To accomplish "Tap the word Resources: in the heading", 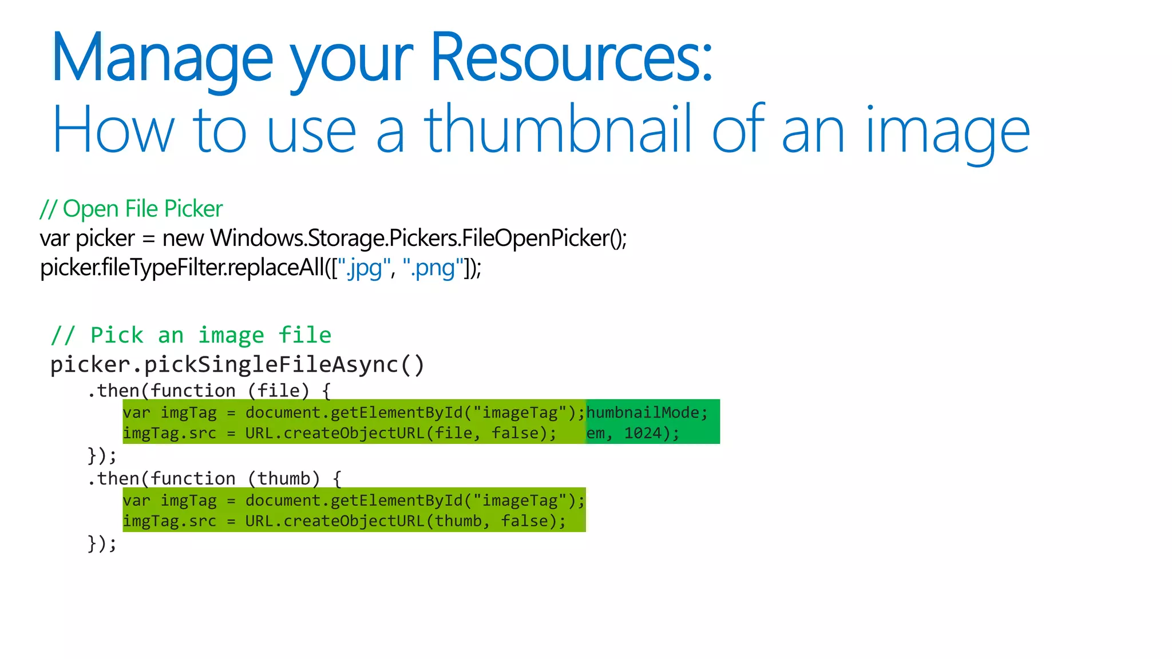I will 571,57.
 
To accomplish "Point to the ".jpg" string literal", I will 363,268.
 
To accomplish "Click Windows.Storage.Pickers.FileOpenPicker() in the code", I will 418,238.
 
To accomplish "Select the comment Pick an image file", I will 191,335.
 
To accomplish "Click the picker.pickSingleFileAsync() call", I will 237,365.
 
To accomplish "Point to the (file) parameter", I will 278,391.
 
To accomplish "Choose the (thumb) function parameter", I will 283,478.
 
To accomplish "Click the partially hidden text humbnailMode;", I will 647,412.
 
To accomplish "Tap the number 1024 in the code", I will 643,433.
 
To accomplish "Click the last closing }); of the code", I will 102,543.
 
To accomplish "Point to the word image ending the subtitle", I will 948,130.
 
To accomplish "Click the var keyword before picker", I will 54,239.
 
